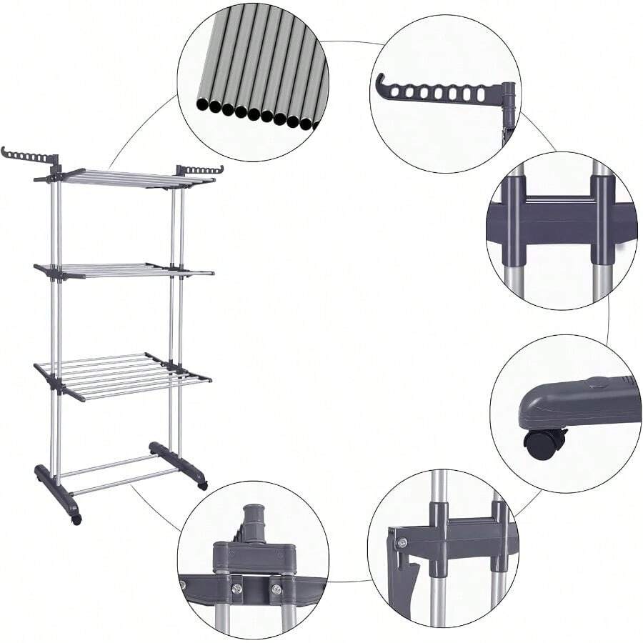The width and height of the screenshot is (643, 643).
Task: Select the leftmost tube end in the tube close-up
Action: [x=203, y=105]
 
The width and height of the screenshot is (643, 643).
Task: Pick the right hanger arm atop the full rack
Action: [x=201, y=170]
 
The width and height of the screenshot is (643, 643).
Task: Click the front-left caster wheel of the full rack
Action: [x=76, y=519]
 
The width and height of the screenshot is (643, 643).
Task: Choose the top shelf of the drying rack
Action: [x=132, y=177]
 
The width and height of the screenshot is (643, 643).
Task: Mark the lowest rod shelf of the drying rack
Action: [x=121, y=375]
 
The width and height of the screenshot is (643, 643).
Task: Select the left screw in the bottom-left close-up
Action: [x=236, y=588]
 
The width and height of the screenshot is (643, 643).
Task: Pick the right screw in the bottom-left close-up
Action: [x=276, y=589]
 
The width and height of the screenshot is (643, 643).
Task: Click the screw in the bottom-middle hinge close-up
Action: [x=402, y=543]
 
